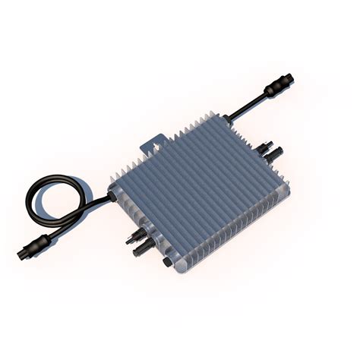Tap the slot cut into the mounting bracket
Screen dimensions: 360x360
coord(156,141)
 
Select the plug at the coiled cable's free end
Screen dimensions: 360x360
coord(37,245)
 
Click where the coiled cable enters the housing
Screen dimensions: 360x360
coord(112,197)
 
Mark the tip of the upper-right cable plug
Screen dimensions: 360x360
coord(291,77)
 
